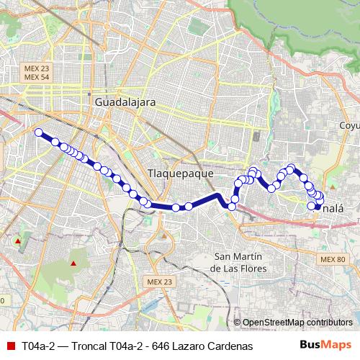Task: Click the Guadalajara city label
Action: [125, 103]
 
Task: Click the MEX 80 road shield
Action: [333, 259]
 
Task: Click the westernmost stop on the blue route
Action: [39, 132]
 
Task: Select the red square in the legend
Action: [10, 346]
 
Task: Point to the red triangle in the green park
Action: [73, 263]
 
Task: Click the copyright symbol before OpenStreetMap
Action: [237, 323]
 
